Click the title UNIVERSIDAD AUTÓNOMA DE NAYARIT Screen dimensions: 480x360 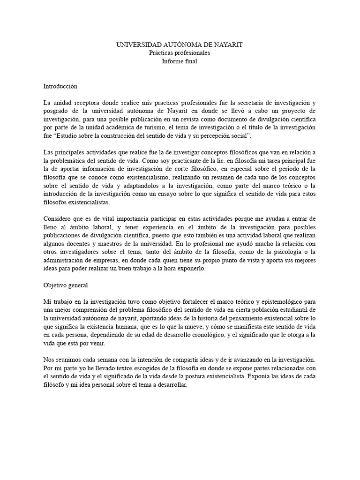tap(180, 45)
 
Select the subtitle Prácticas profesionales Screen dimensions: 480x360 tap(180, 53)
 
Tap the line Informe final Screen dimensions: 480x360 tap(180, 61)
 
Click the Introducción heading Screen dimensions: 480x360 tap(60, 86)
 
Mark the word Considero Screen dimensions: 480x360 tap(59, 219)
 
